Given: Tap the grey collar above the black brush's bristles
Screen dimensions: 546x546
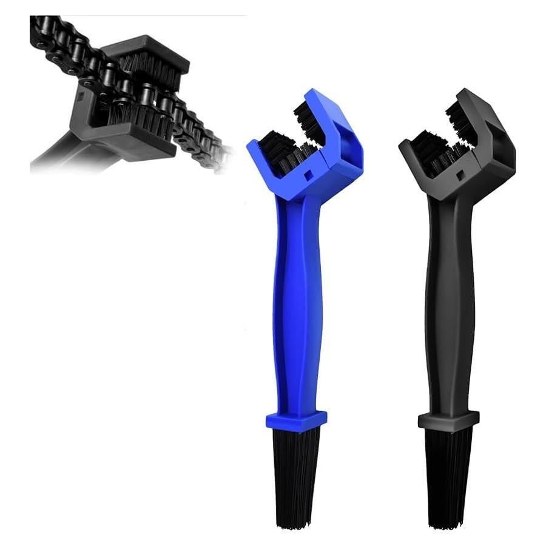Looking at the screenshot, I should point(448,420).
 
